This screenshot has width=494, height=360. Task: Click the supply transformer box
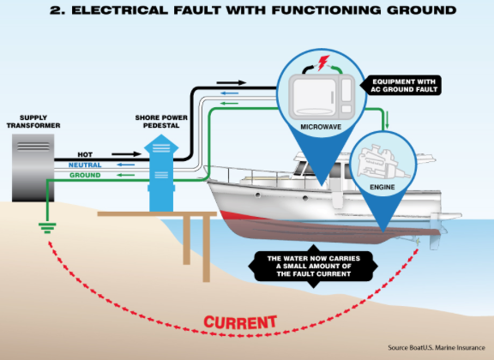click(x=33, y=168)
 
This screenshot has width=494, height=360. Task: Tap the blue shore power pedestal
click(x=161, y=173)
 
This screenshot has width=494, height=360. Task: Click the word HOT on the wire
click(x=85, y=154)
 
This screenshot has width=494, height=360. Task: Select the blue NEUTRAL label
click(x=85, y=165)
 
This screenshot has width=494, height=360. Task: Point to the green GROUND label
click(x=85, y=175)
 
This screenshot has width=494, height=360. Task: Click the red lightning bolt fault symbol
click(x=323, y=63)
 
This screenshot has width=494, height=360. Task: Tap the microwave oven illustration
click(x=322, y=97)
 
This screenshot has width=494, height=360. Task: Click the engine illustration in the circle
click(x=383, y=163)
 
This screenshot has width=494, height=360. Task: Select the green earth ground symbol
click(x=47, y=228)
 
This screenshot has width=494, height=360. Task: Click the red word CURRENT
click(x=240, y=322)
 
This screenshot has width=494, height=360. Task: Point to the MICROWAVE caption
click(x=321, y=127)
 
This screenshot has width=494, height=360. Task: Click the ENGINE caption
click(x=383, y=187)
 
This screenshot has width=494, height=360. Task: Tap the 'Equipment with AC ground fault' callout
click(x=401, y=86)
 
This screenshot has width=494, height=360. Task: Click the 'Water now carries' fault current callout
click(x=314, y=266)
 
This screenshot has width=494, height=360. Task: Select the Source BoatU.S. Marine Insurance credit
click(x=437, y=348)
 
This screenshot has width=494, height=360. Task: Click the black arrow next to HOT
click(x=126, y=154)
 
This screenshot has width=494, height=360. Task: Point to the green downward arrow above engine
click(x=387, y=120)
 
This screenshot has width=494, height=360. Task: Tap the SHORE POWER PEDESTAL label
click(x=161, y=122)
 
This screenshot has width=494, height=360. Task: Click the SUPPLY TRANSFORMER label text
click(x=33, y=122)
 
